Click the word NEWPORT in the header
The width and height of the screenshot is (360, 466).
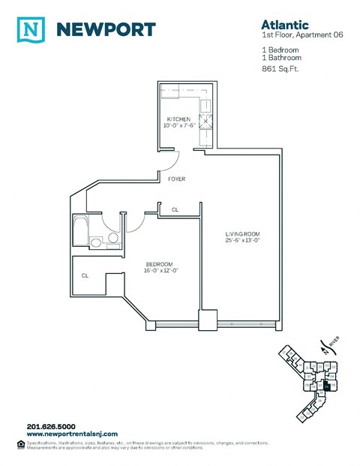[x=106, y=30]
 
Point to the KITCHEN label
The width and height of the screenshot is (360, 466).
[x=178, y=119]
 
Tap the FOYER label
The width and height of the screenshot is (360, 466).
[x=176, y=179]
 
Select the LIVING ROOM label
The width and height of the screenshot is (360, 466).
[x=244, y=234]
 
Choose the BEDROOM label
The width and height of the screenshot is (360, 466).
[x=160, y=263]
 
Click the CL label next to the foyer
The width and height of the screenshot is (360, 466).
[x=175, y=210]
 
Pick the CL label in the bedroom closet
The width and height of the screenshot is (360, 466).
[x=85, y=275]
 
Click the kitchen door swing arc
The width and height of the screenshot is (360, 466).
[x=172, y=159]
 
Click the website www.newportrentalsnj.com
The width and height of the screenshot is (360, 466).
[x=72, y=434]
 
